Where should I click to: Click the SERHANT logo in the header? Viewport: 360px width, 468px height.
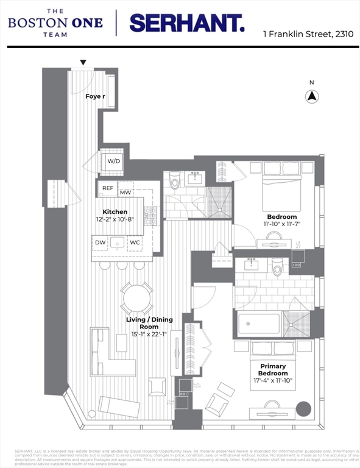(x=187, y=23)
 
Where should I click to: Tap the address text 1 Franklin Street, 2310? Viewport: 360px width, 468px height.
(x=308, y=34)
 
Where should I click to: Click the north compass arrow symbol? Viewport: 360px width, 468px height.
(x=312, y=96)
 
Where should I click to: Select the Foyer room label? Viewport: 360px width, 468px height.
(x=94, y=96)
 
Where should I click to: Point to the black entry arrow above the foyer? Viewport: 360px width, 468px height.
(x=83, y=62)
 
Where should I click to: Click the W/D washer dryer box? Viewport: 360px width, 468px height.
(x=113, y=161)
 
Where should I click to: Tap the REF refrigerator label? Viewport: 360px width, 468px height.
(x=108, y=190)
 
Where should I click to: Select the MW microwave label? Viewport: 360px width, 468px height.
(x=125, y=193)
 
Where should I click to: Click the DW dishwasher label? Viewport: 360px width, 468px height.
(x=101, y=243)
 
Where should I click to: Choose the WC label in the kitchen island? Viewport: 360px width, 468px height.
(x=135, y=243)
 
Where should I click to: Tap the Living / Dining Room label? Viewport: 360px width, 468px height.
(x=149, y=323)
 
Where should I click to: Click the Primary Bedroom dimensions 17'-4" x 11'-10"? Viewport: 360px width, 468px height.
(x=272, y=381)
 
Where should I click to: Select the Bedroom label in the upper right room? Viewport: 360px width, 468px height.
(x=281, y=217)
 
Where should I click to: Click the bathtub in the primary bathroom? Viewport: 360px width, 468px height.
(x=259, y=324)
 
